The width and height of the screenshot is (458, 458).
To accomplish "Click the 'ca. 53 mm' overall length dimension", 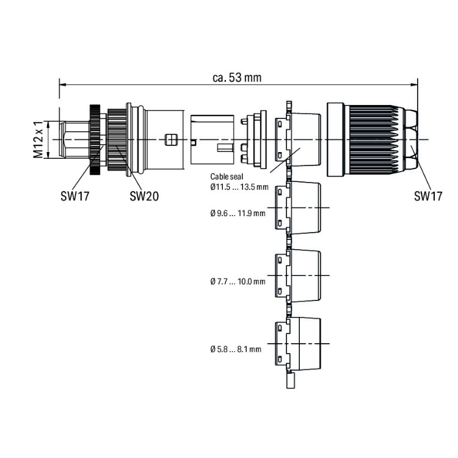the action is (237, 78).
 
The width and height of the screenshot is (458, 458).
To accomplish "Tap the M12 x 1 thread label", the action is (38, 140).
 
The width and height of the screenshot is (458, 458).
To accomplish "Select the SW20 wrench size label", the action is (144, 196).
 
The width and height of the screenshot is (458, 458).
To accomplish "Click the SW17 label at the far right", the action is (428, 196).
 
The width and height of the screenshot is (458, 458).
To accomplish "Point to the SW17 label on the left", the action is (75, 196).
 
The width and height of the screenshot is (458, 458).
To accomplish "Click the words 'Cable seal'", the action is (227, 176).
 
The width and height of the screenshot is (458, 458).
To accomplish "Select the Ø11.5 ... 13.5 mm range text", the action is (239, 187).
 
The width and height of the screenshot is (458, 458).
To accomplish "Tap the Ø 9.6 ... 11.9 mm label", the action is (238, 213).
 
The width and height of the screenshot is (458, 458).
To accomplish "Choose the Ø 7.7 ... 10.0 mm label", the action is (238, 282).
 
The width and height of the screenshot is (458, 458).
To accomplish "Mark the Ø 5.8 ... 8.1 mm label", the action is (236, 349).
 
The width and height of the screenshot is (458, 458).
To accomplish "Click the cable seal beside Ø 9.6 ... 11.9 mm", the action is (298, 208).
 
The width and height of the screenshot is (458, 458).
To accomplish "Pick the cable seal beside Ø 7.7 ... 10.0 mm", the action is (298, 276).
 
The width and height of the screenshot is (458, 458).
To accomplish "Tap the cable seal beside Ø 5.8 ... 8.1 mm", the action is (298, 344).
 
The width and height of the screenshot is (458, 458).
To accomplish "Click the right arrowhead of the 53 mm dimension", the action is (414, 85).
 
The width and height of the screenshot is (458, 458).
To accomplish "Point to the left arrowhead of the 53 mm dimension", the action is (63, 85).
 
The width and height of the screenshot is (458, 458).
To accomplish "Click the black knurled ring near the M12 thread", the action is (95, 140).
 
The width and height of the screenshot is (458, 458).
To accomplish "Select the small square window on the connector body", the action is (171, 140).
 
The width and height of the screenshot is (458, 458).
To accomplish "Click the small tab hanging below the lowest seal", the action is (291, 380).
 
